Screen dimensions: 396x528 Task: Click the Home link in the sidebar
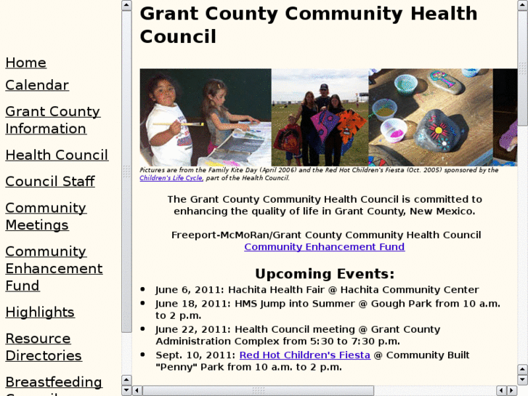(x=25, y=63)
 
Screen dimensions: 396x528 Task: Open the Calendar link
(x=37, y=85)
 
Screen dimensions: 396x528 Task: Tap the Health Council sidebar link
(x=57, y=155)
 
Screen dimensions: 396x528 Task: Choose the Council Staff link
(x=50, y=181)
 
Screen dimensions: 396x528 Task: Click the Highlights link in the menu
(x=40, y=312)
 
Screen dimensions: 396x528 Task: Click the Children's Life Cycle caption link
(x=171, y=178)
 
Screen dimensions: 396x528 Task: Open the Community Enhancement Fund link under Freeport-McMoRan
(x=324, y=246)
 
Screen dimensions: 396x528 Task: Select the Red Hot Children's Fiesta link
(x=304, y=355)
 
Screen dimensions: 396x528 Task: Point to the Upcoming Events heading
(x=324, y=274)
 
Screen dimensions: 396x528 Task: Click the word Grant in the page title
(x=168, y=14)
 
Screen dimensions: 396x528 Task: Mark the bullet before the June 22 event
(x=143, y=330)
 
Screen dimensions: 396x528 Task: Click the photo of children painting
(x=205, y=117)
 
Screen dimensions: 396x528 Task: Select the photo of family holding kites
(x=320, y=117)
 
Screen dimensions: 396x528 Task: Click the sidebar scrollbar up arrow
(x=126, y=6)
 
